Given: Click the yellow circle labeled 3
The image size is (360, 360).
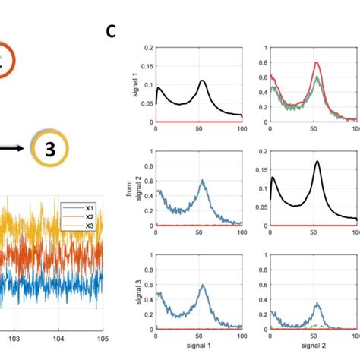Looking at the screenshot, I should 49,150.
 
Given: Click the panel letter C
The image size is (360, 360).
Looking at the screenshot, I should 111,31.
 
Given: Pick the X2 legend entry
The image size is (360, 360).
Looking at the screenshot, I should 90,216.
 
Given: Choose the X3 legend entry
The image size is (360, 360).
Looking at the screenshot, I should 90,225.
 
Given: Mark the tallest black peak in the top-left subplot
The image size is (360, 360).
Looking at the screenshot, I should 202,81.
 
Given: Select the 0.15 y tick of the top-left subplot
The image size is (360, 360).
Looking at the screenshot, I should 144,66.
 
